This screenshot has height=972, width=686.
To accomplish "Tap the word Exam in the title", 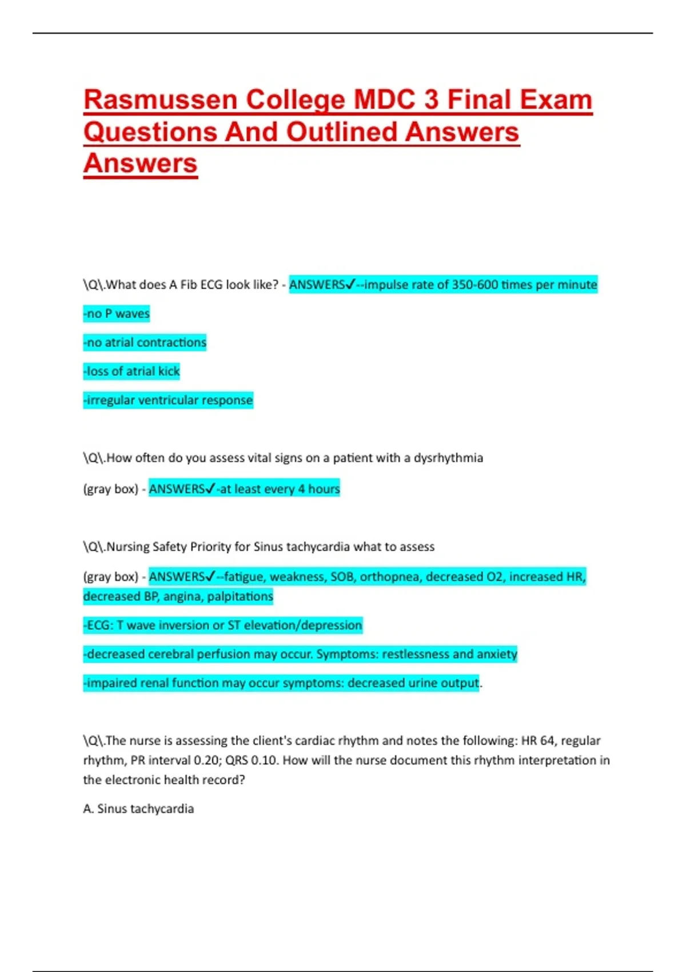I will (555, 100).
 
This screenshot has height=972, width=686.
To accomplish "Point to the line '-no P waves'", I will (117, 313).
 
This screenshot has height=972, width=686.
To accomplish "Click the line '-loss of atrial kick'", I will (131, 371).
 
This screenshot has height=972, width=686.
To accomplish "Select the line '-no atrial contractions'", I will (145, 342).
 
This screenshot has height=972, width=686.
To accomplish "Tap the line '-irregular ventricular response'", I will (168, 400).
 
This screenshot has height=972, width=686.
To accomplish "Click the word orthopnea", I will (390, 576).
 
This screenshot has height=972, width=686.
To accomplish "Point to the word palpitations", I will (240, 596).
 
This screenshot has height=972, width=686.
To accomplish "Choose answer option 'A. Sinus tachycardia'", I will (138, 808).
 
